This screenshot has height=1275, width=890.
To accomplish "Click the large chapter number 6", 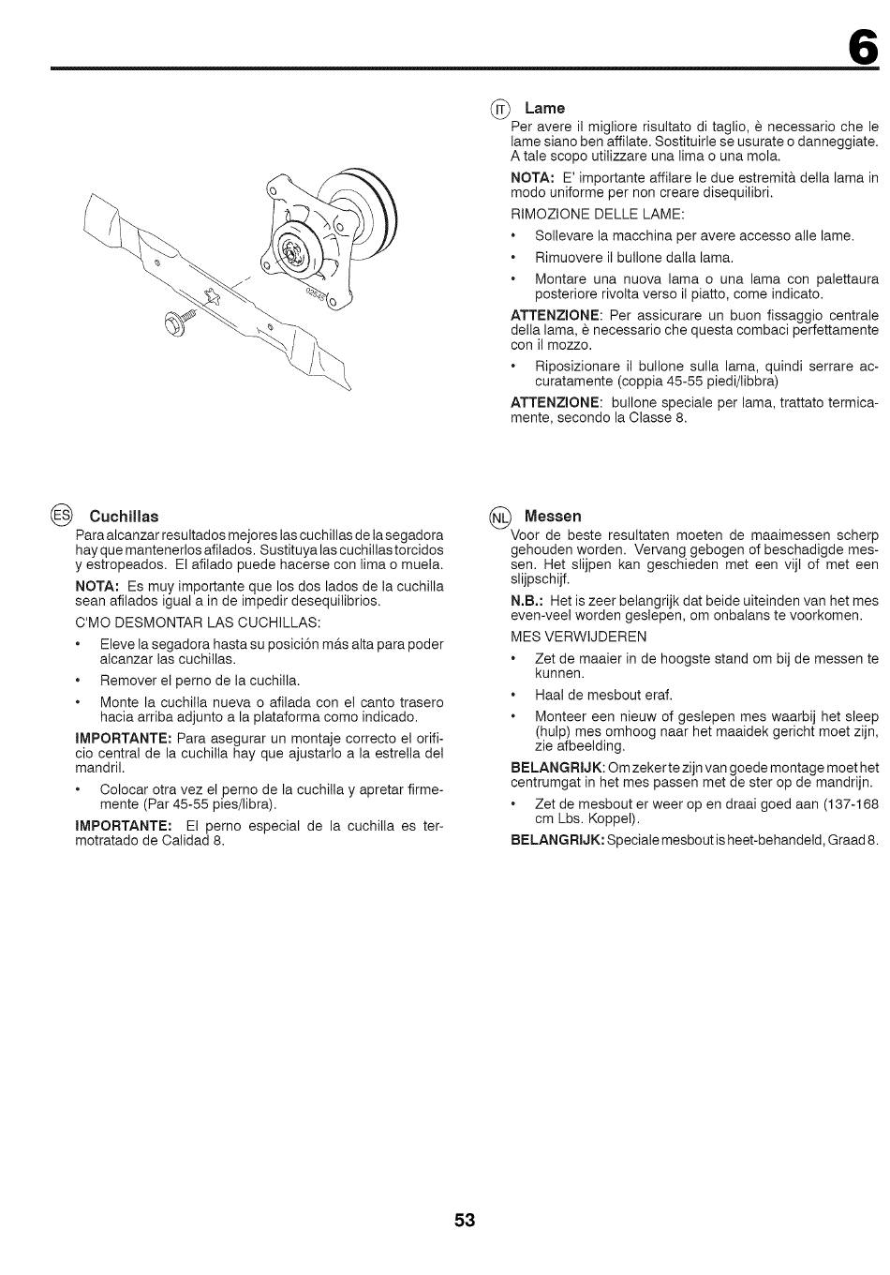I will point(862,46).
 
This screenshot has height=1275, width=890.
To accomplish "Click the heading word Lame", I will point(544,109).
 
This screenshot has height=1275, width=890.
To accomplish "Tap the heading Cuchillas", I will point(124,517).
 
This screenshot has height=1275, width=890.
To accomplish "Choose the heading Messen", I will point(553,517).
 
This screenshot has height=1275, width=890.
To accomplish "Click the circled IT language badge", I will point(500,110).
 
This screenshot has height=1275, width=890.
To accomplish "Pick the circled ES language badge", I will point(61,516).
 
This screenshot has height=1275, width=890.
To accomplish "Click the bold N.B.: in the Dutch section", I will point(527,601).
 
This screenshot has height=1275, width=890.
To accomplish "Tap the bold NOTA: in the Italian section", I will point(532,178).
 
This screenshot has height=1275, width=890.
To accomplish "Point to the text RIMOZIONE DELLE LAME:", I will point(598,215).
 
